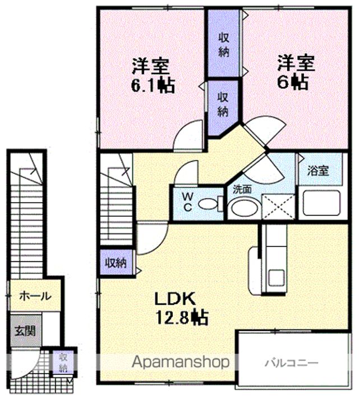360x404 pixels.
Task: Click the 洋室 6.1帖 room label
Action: coord(153,76)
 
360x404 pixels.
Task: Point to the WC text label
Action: coord(188,202)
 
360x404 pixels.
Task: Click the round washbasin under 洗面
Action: coord(244,208)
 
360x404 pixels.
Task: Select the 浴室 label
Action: coord(318,171)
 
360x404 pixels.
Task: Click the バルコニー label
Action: coord(292,363)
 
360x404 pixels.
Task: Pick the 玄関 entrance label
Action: coord(25,330)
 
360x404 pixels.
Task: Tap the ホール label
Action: coord(35,296)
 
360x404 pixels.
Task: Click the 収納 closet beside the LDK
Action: coord(117,262)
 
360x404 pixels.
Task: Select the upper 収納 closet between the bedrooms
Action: coord(224,43)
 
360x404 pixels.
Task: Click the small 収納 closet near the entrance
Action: coord(63,362)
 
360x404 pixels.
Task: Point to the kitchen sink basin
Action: coord(276,278)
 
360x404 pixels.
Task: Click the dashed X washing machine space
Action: coord(278,207)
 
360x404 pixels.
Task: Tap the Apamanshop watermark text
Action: coord(180,362)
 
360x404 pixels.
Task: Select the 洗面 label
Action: coord(242,190)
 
